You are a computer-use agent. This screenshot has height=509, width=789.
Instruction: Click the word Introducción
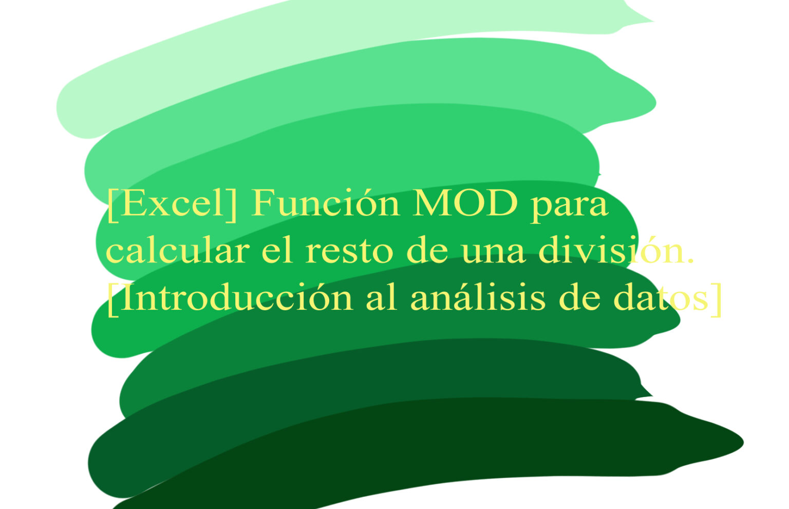tap(236, 298)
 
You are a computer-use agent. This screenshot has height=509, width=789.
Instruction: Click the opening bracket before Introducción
tap(111, 300)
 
